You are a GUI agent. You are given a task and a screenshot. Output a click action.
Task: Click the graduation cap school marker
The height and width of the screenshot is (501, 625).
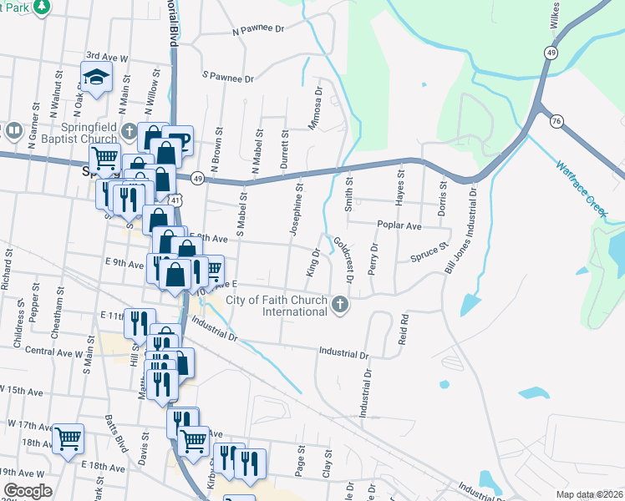[x=97, y=78]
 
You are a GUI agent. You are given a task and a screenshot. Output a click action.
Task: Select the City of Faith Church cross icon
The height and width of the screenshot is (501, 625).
[x=339, y=303]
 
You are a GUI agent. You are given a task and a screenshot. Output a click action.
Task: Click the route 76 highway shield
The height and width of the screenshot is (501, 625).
[x=556, y=122]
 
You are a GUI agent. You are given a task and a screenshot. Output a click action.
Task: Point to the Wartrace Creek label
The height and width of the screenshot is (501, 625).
[x=582, y=189]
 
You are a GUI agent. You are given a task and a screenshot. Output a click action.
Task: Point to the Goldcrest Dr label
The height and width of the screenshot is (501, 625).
[x=344, y=258]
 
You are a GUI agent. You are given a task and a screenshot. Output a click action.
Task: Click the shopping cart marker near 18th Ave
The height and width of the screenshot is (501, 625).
[x=68, y=439]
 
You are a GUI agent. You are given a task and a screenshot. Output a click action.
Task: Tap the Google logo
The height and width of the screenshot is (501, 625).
[x=28, y=491]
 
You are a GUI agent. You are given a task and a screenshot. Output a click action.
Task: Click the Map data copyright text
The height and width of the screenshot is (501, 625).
[x=588, y=494]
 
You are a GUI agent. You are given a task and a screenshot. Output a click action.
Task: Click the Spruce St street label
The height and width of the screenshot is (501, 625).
[x=429, y=253]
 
